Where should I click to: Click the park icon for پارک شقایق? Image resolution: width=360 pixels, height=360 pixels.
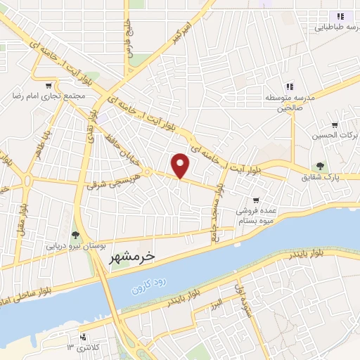click(x=321, y=167)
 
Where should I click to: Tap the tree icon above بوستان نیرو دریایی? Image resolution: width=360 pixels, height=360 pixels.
click(x=75, y=235)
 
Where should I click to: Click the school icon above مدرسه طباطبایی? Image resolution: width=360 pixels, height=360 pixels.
click(x=340, y=16)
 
